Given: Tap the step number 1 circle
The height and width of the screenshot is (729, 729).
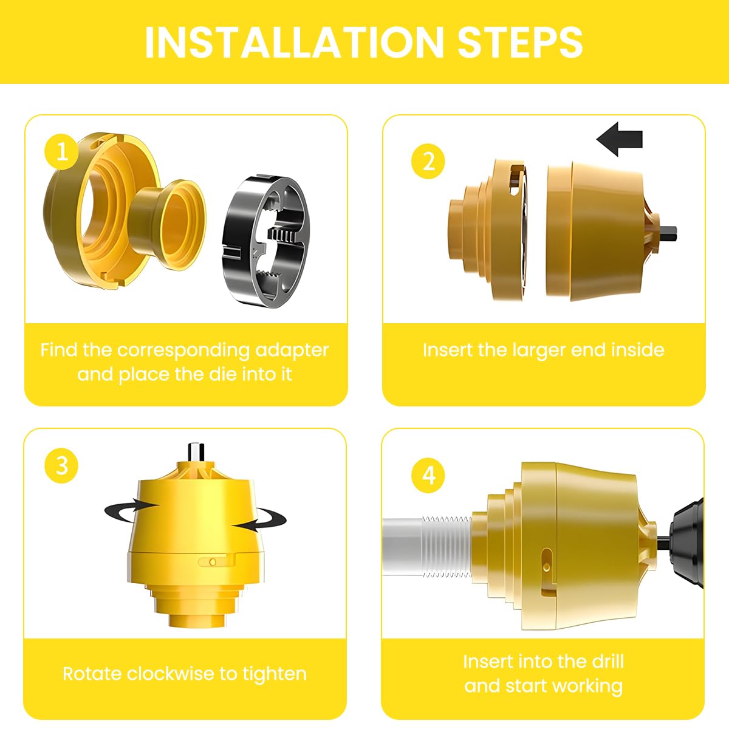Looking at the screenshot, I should click(x=61, y=152).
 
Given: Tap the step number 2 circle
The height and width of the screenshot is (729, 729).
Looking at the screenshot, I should click(x=428, y=162).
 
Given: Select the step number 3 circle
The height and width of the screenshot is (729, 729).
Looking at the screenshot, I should click(x=61, y=466).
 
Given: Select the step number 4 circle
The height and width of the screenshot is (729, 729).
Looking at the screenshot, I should click(x=428, y=474).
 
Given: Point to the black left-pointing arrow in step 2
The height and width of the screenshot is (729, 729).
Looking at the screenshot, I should click(x=619, y=139).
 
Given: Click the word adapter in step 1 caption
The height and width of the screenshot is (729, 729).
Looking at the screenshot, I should click(x=292, y=350).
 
